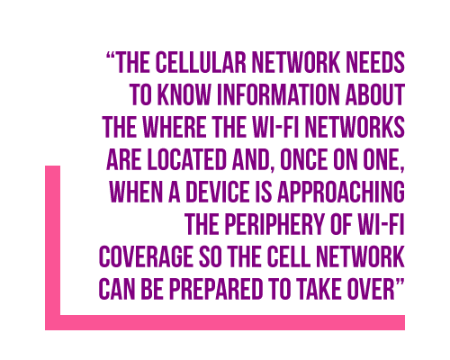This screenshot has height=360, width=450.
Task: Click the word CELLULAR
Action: [x=201, y=62]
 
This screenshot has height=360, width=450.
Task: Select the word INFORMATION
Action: [x=279, y=94]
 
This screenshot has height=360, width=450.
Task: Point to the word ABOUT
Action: [x=374, y=94]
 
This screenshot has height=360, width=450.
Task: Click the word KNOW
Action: [x=184, y=94]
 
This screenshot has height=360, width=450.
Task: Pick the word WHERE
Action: [x=175, y=127]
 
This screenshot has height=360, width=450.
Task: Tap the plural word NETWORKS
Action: [x=355, y=127]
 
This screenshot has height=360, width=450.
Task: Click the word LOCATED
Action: [x=186, y=159]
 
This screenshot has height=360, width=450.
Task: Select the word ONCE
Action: [x=303, y=159]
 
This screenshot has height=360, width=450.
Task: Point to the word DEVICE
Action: [x=218, y=192]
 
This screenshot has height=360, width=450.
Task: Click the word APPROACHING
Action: [x=341, y=192]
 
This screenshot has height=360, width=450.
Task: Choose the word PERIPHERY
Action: [x=274, y=224]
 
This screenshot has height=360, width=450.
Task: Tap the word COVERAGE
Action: [x=146, y=256]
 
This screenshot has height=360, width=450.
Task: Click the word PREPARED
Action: [x=216, y=289]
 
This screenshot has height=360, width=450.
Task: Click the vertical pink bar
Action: [x=52, y=247]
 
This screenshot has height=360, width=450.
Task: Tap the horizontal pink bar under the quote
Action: [x=225, y=322]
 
